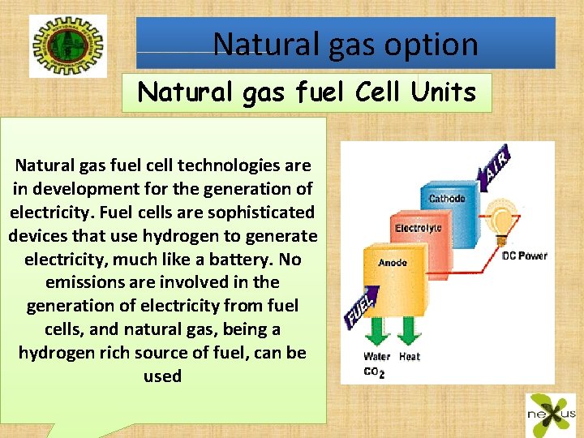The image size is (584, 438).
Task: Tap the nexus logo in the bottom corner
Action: click(x=551, y=412)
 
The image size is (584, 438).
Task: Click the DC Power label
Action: click(x=525, y=255)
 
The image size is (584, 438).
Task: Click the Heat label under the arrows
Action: click(x=410, y=356)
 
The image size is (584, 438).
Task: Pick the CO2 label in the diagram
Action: click(x=375, y=372)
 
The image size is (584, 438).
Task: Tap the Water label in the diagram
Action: click(x=377, y=356)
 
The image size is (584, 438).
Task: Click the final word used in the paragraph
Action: click(x=162, y=376)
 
